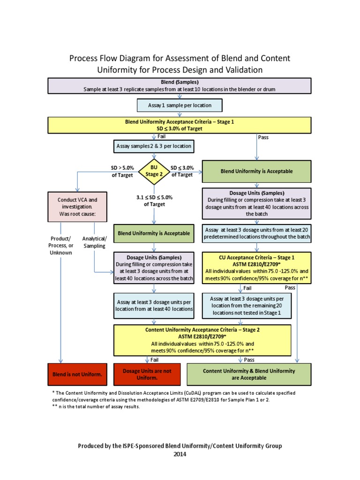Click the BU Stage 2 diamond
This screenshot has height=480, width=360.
[x=154, y=172]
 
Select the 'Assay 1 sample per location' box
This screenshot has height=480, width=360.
[x=180, y=105]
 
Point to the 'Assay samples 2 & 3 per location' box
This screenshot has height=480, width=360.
[x=154, y=146]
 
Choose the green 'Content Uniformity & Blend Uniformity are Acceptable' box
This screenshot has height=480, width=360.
[x=249, y=374]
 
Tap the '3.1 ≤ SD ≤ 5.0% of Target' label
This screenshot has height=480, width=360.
[x=154, y=201]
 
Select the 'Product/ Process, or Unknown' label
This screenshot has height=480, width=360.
[x=61, y=246]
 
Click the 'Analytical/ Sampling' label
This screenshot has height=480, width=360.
[x=94, y=242]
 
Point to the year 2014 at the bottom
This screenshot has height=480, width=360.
[x=180, y=454]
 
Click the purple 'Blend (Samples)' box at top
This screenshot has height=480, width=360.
[x=180, y=86]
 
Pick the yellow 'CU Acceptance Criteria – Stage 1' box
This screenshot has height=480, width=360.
[x=256, y=268]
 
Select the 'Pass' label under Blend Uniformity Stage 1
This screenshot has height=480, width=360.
[x=263, y=137]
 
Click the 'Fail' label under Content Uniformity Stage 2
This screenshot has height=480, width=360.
[x=154, y=360]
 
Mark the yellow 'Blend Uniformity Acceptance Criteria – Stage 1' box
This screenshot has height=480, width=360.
[x=180, y=125]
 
